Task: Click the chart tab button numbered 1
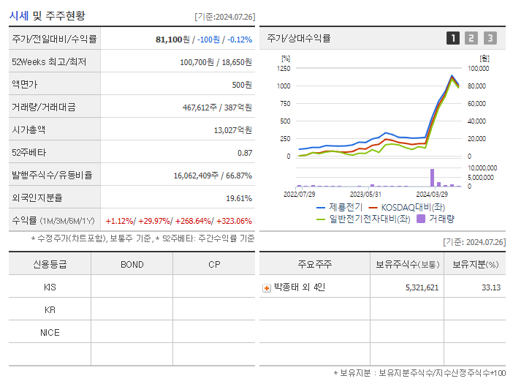pos(453,38)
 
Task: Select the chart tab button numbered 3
pos(490,38)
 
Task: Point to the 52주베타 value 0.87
pos(245,152)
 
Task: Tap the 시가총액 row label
pos(28,129)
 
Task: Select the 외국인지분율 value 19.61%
pos(239,197)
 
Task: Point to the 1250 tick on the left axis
pos(284,68)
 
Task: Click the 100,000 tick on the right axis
pos(478,68)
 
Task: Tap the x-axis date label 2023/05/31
pos(365,195)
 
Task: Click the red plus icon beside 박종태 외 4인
pos(267,287)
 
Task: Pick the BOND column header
pos(132,264)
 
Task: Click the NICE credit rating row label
pos(50,332)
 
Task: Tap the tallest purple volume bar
pos(432,177)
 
